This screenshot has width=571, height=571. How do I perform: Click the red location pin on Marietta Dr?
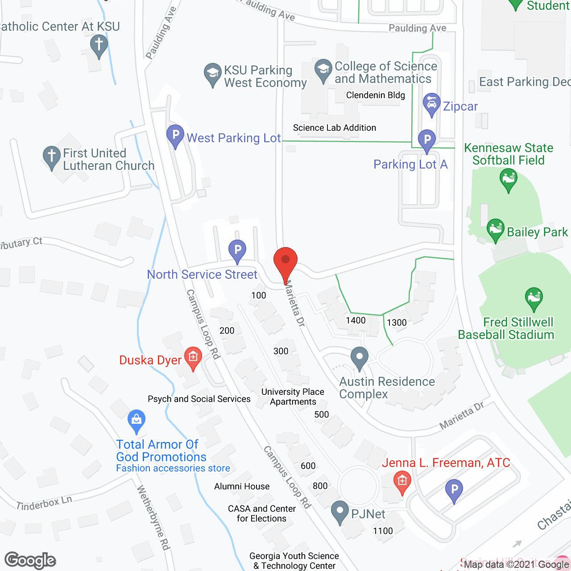pos(285,261)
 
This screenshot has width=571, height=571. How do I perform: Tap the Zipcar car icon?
pos(431,104)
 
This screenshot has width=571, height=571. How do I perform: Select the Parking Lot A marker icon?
pos(427,140)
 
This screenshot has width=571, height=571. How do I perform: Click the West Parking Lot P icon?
pos(175,135)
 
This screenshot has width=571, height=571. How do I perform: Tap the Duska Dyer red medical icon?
pos(193,357)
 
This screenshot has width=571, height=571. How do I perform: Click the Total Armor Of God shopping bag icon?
pos(137,420)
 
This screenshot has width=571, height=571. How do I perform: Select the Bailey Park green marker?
pos(495,229)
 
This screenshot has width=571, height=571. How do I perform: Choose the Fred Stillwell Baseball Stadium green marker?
pos(534,298)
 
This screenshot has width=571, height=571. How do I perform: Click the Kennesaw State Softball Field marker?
pos(508,180)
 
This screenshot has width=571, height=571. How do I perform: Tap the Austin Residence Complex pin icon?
pos(359,358)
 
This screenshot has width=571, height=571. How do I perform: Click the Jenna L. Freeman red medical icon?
pos(402,482)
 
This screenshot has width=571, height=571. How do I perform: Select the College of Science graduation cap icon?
pos(323,70)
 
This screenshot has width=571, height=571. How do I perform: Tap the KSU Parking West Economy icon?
pos(212,74)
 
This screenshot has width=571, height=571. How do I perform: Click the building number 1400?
pos(356,320)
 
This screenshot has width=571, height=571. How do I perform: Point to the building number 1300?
pos(397,323)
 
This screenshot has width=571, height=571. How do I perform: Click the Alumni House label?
pos(242,486)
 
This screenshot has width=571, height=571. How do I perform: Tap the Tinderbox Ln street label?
pos(44,503)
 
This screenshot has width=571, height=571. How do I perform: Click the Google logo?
pos(30,560)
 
